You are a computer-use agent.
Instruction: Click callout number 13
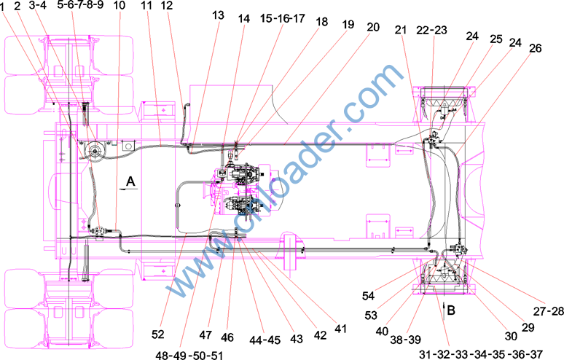219,15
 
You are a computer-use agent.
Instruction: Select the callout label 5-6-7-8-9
81,5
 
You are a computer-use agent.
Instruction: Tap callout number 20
373,27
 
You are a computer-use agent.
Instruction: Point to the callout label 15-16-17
282,18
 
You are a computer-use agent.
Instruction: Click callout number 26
536,48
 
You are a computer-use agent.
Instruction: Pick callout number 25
496,39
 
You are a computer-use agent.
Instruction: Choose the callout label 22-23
431,30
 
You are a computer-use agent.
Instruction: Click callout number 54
368,296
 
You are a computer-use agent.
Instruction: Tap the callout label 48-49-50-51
189,356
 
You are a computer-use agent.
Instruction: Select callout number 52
157,334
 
